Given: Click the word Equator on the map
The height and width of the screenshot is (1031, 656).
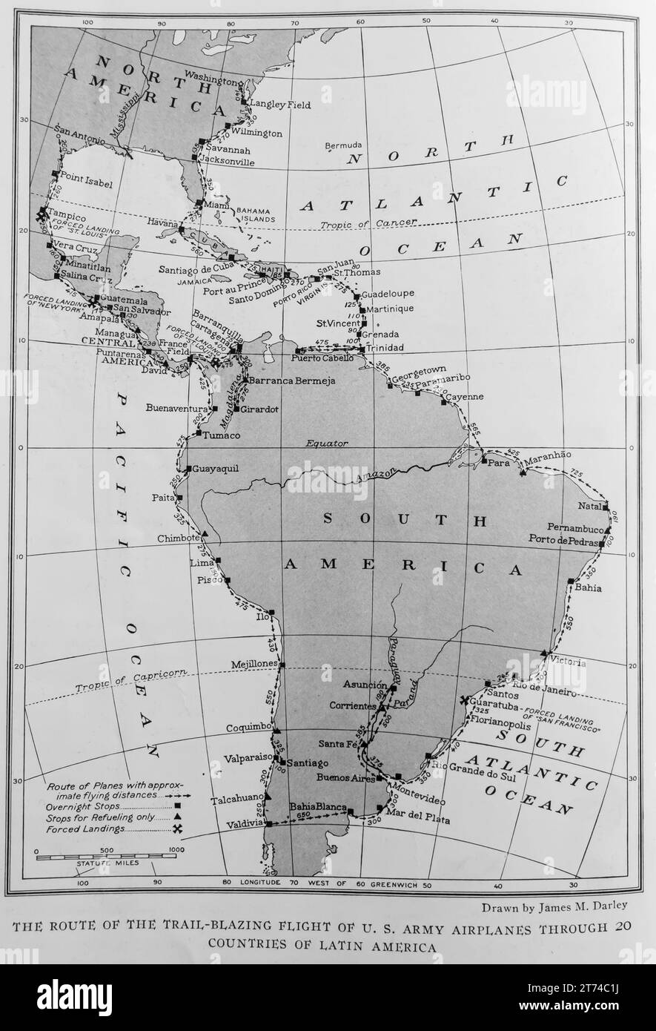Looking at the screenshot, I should pos(327,443).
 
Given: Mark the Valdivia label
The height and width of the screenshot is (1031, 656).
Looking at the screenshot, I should pos(245,823).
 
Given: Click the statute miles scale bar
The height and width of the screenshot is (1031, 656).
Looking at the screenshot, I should pos(106,857).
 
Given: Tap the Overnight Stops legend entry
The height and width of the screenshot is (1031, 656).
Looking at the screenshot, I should pos(79,806).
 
